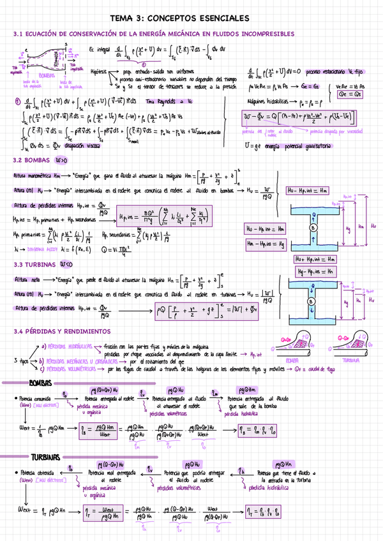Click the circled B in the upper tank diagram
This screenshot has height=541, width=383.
[312, 226]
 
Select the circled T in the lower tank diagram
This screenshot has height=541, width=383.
[312, 294]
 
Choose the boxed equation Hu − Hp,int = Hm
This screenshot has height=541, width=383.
[306, 190]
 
